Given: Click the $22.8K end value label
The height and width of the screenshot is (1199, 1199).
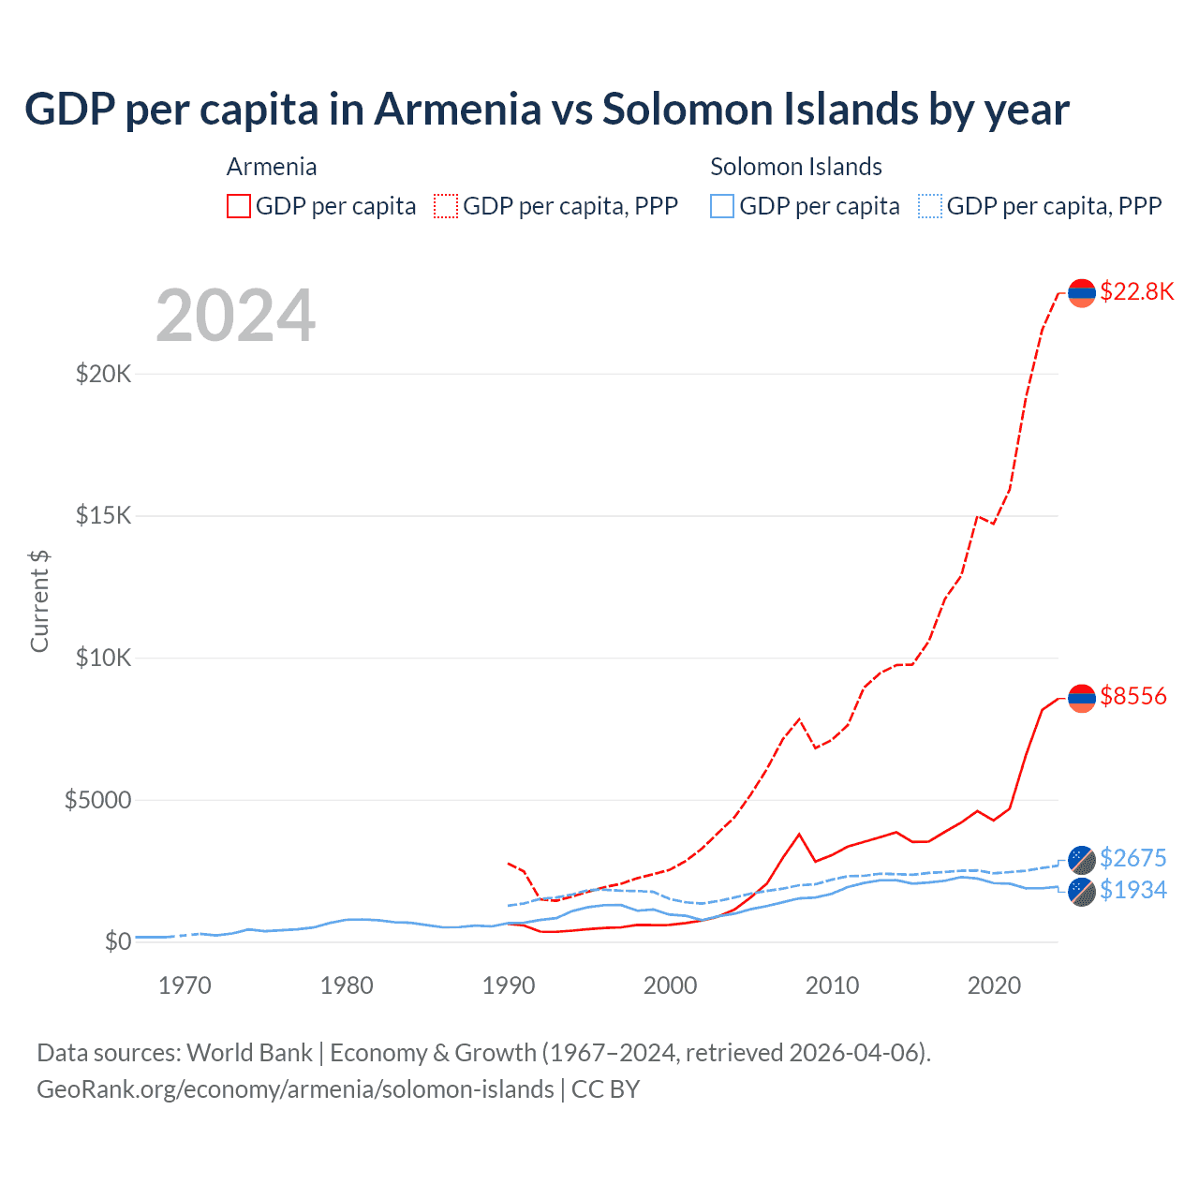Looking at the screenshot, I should [1136, 292].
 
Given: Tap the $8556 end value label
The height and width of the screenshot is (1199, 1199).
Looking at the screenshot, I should [1132, 697].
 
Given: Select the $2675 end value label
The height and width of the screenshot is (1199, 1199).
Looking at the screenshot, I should [1132, 858].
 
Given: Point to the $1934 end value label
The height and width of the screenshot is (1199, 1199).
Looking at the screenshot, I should [1132, 890].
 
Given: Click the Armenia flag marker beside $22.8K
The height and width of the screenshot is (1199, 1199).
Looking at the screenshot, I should [1082, 293].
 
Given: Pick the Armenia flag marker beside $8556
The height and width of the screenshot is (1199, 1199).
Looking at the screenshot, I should [1082, 698].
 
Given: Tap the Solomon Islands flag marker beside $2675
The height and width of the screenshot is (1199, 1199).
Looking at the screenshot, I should [1082, 859].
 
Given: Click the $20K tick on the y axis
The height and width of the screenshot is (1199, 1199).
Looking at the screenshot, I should [104, 375].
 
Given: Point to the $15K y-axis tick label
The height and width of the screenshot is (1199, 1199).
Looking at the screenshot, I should [104, 516].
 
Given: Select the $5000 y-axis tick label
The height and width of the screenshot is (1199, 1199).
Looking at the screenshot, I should [97, 800].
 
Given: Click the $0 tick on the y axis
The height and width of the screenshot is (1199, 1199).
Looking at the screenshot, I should [118, 941].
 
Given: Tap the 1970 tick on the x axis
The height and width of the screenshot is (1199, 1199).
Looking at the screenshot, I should [185, 985].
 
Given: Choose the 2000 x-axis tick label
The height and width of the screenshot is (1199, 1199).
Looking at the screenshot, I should [670, 985].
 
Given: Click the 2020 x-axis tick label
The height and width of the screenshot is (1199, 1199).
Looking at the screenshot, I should [994, 985].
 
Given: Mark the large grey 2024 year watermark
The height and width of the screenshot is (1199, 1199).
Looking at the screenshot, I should [235, 316].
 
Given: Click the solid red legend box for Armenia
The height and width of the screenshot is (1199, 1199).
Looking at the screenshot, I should [239, 206].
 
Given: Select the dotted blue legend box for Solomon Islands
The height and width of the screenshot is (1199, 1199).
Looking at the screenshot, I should [929, 206].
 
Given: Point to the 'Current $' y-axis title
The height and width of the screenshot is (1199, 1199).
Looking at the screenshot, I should [39, 600].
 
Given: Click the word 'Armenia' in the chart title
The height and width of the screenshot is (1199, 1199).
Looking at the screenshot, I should [457, 110].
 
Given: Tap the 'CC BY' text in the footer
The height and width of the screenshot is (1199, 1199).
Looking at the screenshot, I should [605, 1089].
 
